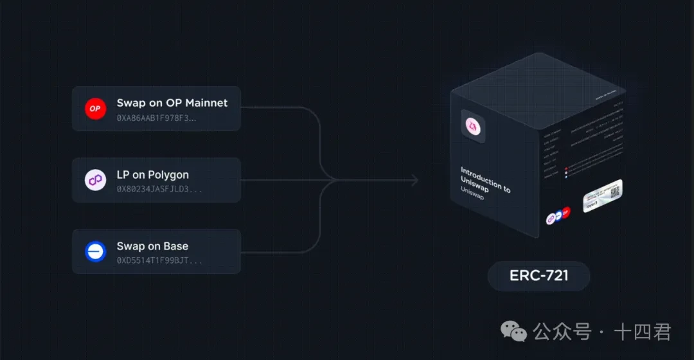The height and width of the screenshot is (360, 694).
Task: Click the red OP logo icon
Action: pos(95,109)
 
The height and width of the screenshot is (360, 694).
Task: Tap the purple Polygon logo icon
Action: pos(95,180)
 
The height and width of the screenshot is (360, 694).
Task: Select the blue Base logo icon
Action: pos(95,251)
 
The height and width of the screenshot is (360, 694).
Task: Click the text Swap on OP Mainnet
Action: pos(172,103)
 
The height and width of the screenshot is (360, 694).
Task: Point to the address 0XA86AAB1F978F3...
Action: pos(156,118)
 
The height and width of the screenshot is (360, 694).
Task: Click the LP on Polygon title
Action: pos(152,175)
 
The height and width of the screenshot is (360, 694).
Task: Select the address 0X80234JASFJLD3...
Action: pos(159,190)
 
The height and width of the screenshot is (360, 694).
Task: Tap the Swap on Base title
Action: pos(152,246)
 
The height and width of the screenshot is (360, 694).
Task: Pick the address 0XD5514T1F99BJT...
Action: pos(159,261)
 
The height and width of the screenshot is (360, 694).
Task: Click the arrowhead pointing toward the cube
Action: pos(414,181)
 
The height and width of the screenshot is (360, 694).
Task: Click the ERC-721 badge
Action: pos(538,276)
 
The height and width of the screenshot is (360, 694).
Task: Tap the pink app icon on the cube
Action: pos(473,126)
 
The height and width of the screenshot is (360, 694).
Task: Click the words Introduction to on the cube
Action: pos(485,179)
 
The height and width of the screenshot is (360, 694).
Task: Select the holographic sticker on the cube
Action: pos(602,195)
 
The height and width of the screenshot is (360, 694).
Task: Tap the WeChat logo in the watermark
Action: pos(513,331)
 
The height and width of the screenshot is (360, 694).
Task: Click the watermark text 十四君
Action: pos(643,332)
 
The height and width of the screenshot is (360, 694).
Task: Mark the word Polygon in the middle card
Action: pos(168,175)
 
